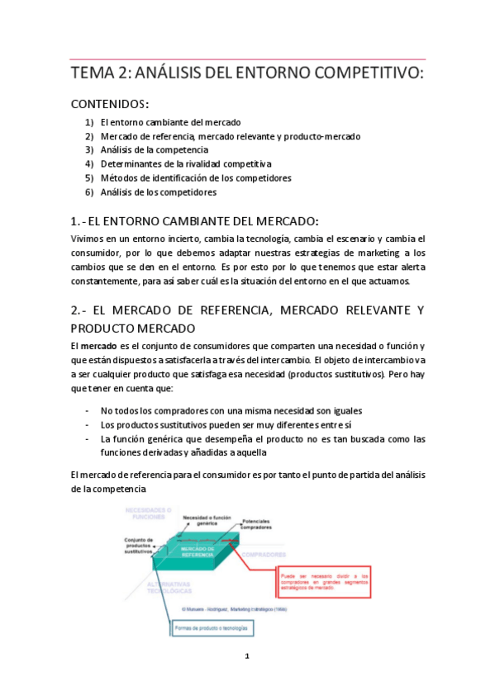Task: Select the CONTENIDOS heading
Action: tap(109, 104)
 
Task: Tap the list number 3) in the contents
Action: tap(89, 150)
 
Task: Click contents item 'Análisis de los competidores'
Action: tap(158, 192)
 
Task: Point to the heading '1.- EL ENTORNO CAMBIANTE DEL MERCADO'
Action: tap(195, 220)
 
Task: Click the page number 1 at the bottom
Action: tap(247, 657)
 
